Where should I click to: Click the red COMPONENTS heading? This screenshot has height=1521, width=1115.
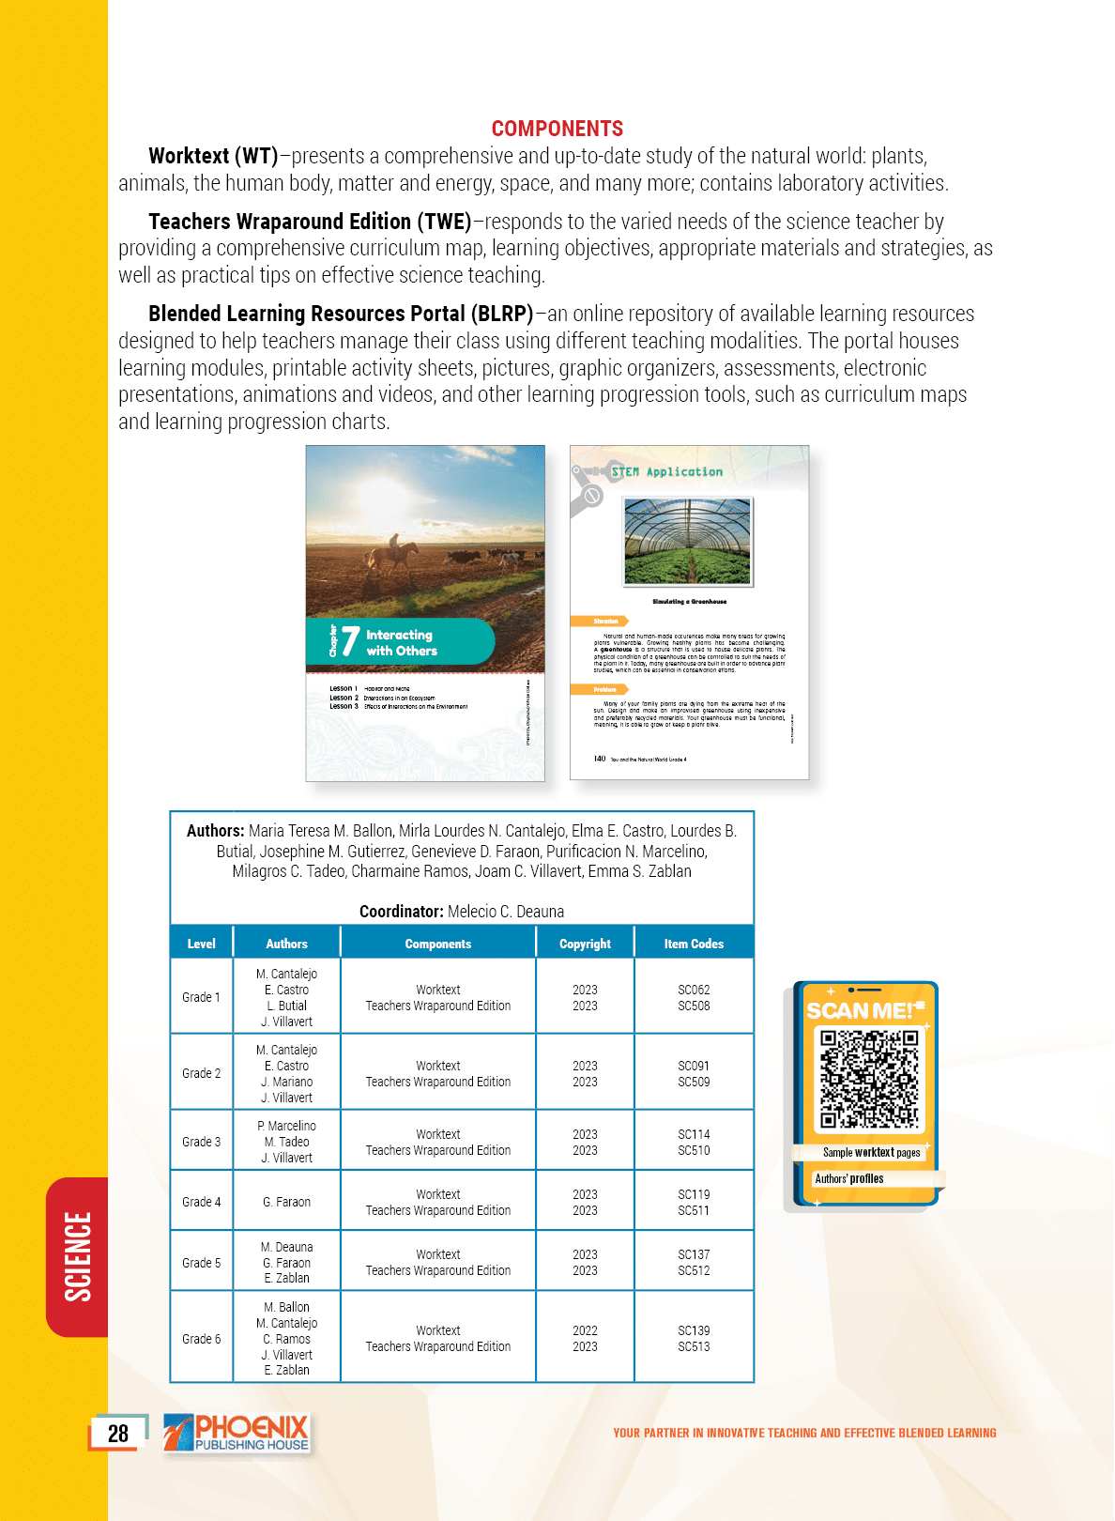point(557,129)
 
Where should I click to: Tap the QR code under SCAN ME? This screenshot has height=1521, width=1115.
point(869,1079)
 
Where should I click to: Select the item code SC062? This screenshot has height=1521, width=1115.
point(694,990)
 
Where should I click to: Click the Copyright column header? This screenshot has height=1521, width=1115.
point(585,944)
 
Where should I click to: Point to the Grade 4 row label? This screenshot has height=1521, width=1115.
point(201,1202)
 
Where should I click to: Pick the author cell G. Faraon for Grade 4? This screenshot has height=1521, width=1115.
point(286,1202)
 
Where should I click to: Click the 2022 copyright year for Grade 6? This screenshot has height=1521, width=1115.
point(585,1330)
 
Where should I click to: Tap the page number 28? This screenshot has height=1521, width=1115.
point(118,1434)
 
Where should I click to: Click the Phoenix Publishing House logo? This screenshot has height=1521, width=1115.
point(237,1434)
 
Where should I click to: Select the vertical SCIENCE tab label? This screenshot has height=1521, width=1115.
point(78,1256)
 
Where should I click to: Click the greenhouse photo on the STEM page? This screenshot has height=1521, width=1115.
point(688,542)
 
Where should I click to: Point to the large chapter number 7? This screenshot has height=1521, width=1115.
point(350,641)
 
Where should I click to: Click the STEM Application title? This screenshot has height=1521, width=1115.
point(666,472)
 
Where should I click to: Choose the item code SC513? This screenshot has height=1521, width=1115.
point(694,1346)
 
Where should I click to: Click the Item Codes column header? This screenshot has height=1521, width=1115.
point(694,944)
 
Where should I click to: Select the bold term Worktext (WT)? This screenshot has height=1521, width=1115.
point(213,156)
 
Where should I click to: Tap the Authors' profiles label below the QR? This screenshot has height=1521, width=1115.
point(849,1178)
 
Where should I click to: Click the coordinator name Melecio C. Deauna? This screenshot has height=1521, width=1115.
point(506,912)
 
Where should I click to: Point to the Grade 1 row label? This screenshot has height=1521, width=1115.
point(201,997)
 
